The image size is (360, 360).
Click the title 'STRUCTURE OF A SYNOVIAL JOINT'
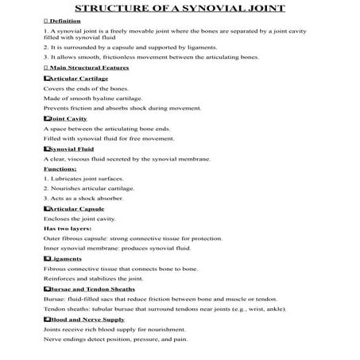click(180, 9)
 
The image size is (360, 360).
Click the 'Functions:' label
click(60, 168)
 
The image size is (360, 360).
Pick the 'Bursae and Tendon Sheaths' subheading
click(86, 289)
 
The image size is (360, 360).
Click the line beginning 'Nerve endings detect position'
click(117, 339)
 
